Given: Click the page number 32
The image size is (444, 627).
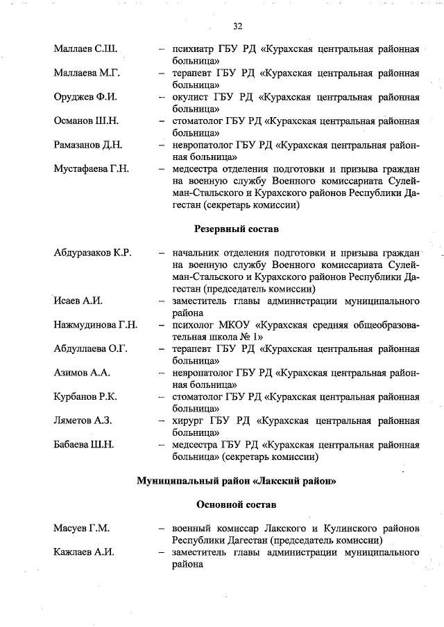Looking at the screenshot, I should (x=237, y=26).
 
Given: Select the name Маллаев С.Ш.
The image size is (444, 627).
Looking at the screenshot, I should (x=85, y=50).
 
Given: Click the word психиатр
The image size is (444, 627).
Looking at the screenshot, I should (x=194, y=50).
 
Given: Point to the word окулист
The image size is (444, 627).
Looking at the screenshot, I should (x=191, y=97).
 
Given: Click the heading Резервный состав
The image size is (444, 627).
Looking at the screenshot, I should (x=236, y=229).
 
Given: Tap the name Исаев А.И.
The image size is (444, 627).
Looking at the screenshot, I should (x=78, y=301).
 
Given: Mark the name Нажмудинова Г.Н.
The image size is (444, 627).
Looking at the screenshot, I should (x=96, y=325).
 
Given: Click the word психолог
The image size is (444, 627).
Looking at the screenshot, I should (x=195, y=325).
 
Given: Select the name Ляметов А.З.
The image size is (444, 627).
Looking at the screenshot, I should (x=83, y=420).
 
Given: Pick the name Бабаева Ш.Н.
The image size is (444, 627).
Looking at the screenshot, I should (x=84, y=444).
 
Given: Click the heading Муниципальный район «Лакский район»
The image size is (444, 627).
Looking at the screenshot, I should (x=236, y=480).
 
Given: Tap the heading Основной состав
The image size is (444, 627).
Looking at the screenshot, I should (x=236, y=504).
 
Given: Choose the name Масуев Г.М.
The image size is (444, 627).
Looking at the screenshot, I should (x=82, y=528).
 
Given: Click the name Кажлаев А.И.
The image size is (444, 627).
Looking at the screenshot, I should (x=84, y=552).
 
